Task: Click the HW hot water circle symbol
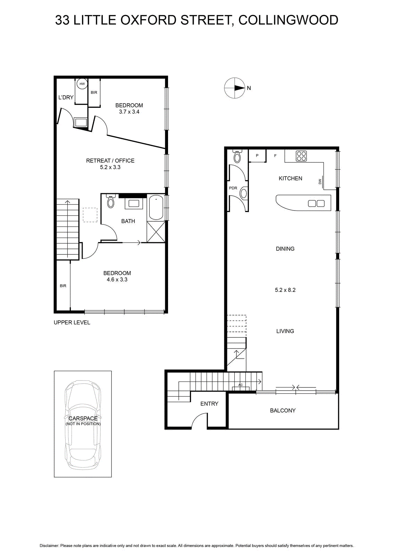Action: (x=82, y=84)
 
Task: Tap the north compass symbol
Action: (x=235, y=88)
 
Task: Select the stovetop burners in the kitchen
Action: (x=301, y=156)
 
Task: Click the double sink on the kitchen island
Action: (x=316, y=204)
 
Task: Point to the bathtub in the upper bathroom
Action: (x=156, y=207)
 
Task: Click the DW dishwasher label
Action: (x=320, y=182)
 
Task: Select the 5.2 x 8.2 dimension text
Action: (x=285, y=290)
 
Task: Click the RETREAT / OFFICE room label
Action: (x=110, y=161)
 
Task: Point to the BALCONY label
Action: (x=283, y=410)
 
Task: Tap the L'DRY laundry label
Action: (x=66, y=98)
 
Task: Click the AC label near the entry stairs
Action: (x=240, y=385)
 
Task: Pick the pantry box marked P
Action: (x=257, y=156)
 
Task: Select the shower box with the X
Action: (x=156, y=232)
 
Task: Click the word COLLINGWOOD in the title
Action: (x=289, y=20)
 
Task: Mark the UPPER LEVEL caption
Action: (x=72, y=322)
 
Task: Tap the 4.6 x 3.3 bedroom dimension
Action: (x=117, y=279)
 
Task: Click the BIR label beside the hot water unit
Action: (x=94, y=92)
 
